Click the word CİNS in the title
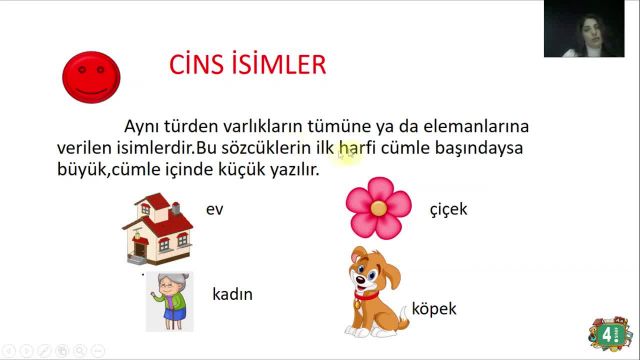click(201, 66)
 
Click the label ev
click(214, 210)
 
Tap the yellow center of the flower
click(378, 206)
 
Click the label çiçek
click(447, 209)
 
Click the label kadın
click(232, 295)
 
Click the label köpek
click(435, 308)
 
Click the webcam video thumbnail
click(584, 29)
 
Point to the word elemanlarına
click(474, 127)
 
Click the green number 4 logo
click(609, 332)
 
